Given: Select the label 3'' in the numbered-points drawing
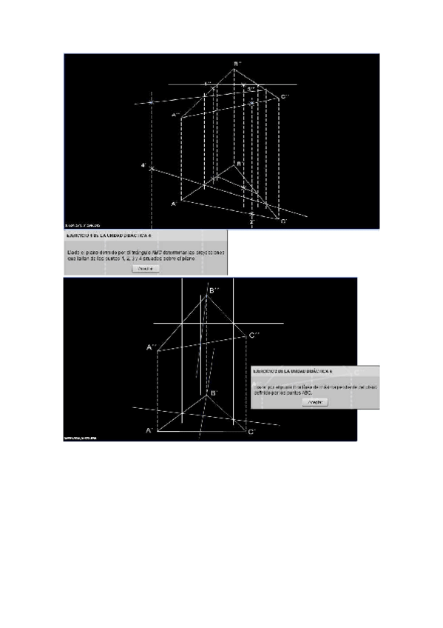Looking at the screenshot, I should [251, 89].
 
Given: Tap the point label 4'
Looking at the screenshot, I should [143, 166].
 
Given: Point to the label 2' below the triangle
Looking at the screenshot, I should [251, 221].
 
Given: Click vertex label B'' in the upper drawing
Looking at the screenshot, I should [238, 64].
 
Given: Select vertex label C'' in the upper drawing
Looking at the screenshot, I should [285, 96].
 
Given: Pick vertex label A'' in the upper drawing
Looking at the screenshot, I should [176, 116].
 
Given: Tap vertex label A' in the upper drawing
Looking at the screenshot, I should [175, 203].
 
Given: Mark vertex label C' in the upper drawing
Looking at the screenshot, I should [283, 221].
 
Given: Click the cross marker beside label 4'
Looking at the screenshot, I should [152, 169].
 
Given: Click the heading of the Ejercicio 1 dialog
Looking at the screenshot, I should [110, 235].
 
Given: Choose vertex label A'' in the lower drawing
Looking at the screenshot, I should [150, 347].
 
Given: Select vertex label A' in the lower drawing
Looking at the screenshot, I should [149, 430].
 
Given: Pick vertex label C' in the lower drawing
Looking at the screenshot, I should [252, 431].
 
